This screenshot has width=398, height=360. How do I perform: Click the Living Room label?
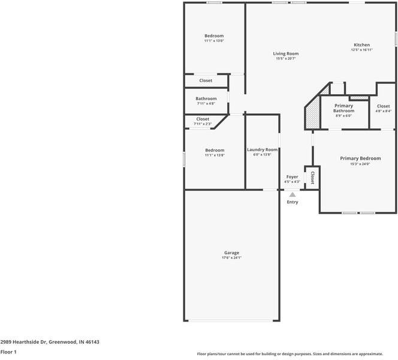click(x=286, y=53)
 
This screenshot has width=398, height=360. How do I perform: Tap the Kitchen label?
click(x=361, y=45)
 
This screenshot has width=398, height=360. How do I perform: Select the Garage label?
click(x=231, y=253)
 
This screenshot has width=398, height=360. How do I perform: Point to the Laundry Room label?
click(x=262, y=149)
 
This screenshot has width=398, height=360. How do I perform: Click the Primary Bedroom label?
click(x=360, y=158)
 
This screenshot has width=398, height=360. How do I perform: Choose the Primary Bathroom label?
click(x=343, y=108)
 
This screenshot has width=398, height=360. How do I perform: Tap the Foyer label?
click(x=292, y=177)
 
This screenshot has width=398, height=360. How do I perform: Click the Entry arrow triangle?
click(x=292, y=194)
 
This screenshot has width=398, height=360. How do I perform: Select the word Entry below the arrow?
click(x=292, y=202)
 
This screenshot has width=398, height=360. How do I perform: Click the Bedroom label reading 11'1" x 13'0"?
click(x=214, y=36)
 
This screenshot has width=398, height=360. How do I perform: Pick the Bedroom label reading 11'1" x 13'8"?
click(x=214, y=150)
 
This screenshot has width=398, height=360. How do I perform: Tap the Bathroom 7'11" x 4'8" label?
click(x=206, y=99)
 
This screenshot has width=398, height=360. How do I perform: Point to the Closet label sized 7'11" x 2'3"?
click(x=203, y=119)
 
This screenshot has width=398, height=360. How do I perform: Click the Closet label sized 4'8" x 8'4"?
click(x=383, y=106)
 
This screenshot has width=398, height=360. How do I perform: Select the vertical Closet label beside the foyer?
click(x=312, y=177)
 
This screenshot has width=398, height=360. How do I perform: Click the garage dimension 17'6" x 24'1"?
click(x=231, y=258)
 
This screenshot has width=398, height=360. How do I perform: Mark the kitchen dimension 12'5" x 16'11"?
click(x=361, y=50)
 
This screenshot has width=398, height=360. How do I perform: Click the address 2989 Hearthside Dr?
click(x=50, y=342)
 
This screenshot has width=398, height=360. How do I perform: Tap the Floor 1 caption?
click(x=8, y=352)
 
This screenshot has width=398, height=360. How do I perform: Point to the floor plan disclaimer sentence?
click(x=290, y=354)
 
